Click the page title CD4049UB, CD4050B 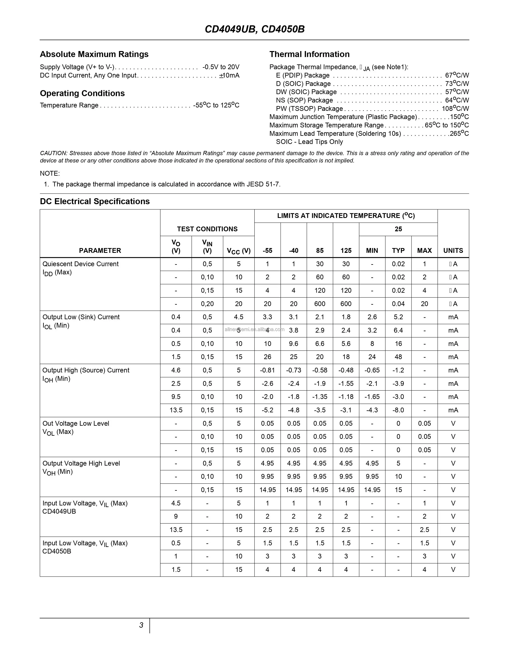click(254, 29)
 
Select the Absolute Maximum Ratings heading click(94, 54)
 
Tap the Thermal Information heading click(309, 54)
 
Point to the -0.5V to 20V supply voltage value click(221, 67)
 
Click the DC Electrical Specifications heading click(95, 201)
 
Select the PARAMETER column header click(100, 250)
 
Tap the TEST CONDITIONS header click(207, 229)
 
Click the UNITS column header click(453, 250)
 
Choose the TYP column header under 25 click(398, 250)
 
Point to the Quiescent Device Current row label click(80, 264)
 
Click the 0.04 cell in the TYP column click(398, 304)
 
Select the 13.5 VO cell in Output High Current click(176, 410)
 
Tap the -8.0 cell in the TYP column click(398, 410)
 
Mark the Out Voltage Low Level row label click(76, 423)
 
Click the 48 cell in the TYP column click(398, 357)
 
